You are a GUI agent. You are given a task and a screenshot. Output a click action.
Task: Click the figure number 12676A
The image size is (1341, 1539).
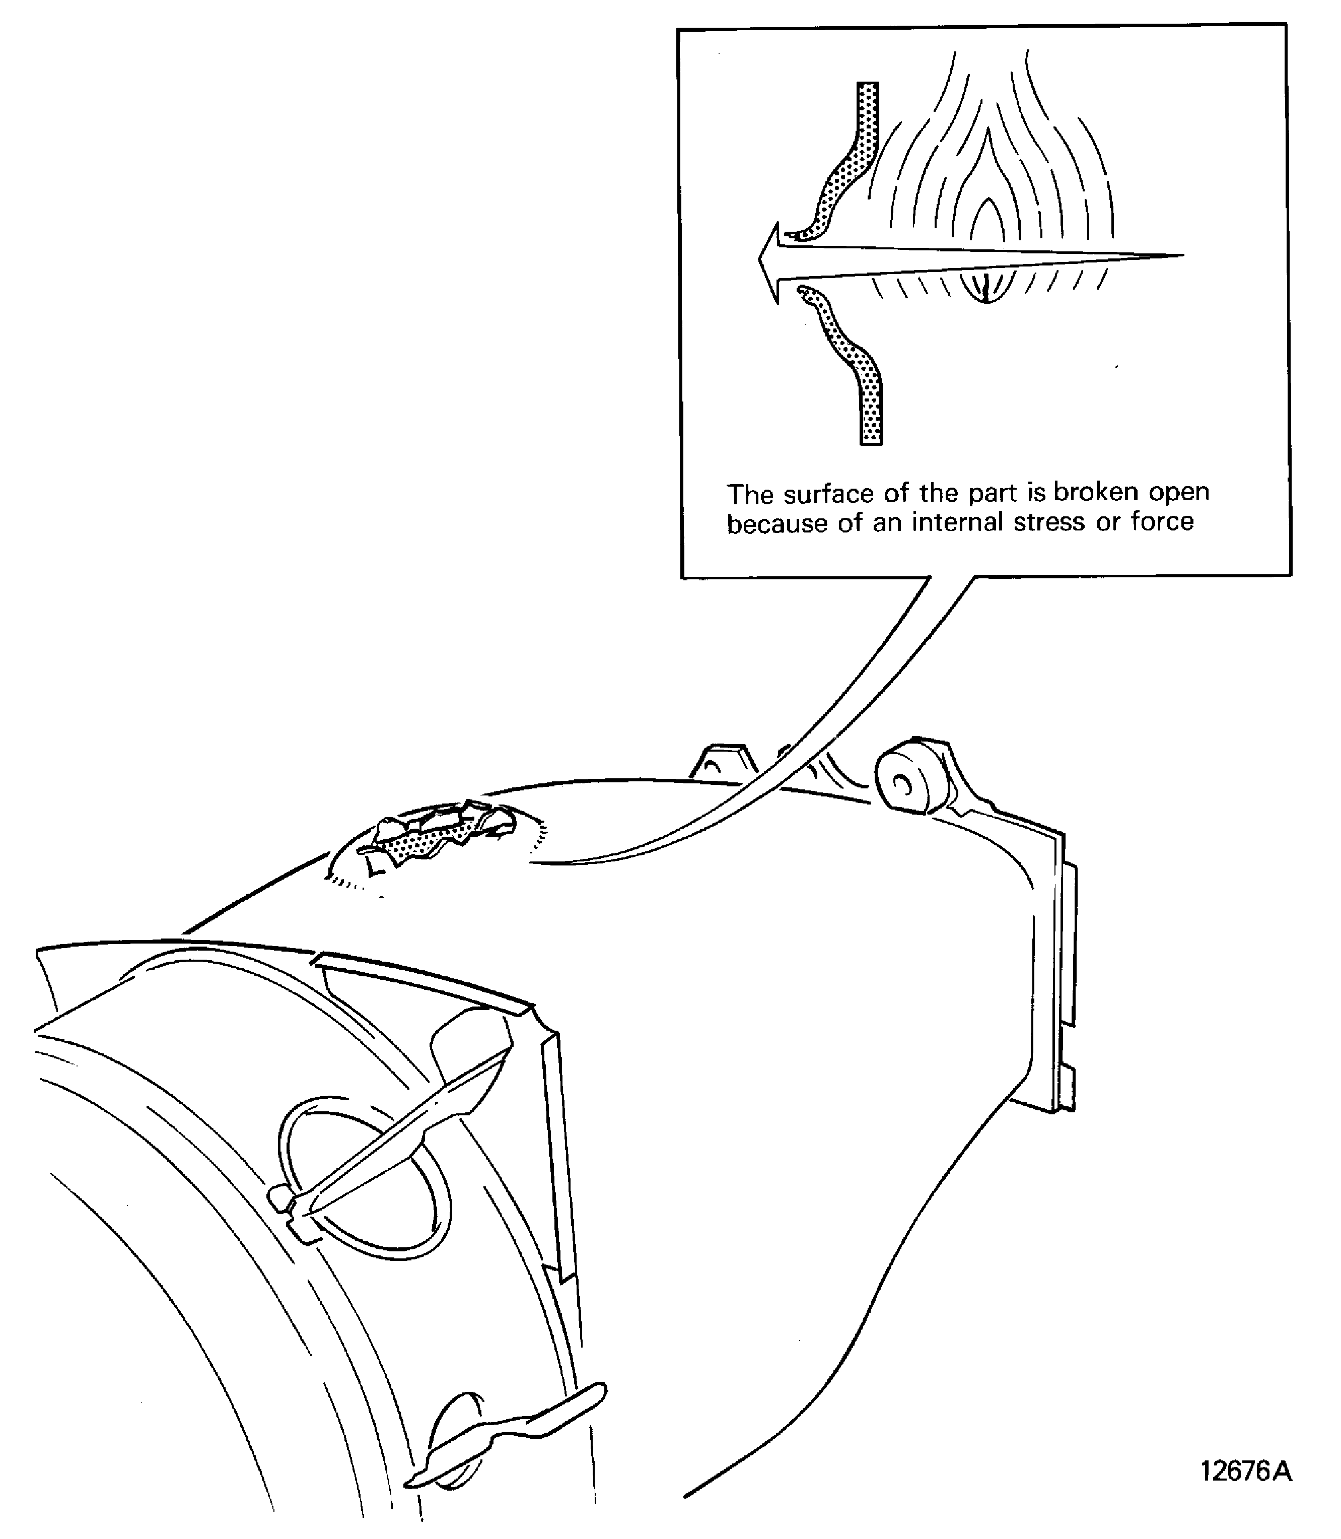tap(1245, 1471)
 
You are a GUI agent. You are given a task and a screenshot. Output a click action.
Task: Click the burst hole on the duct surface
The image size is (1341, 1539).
tap(434, 831)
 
